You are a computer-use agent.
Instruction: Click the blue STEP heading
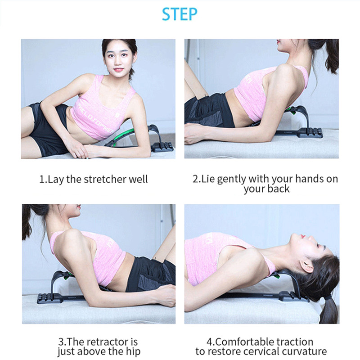(x=180, y=14)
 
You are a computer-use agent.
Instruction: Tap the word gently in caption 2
(x=231, y=180)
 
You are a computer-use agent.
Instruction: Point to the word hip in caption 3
(x=133, y=351)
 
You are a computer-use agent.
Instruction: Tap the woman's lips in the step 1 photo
(x=118, y=70)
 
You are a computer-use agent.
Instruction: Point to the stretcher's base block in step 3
(x=49, y=298)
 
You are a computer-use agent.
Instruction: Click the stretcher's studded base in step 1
(x=162, y=147)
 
